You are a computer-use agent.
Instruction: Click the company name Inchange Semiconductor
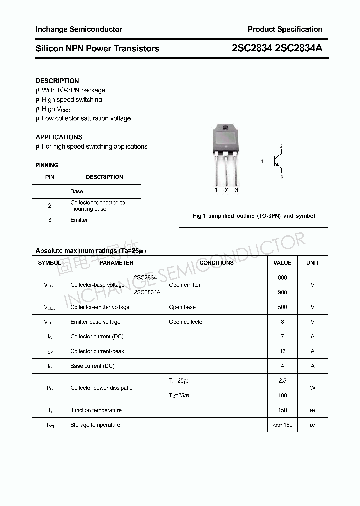tap(79, 29)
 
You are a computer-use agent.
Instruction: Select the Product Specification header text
tap(285, 29)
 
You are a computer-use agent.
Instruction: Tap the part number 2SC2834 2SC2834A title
tap(277, 48)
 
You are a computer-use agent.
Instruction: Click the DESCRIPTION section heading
tap(57, 81)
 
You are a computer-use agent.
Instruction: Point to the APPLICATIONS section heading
tap(59, 137)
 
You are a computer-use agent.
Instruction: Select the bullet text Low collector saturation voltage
tap(86, 118)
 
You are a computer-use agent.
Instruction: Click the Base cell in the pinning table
tap(77, 191)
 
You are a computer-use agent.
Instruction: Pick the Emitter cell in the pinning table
tap(79, 220)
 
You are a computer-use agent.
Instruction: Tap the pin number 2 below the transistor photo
tap(226, 190)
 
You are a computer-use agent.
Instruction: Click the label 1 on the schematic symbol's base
tap(262, 162)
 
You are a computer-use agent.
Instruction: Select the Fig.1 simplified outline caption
tap(254, 216)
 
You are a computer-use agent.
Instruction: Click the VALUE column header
tap(282, 263)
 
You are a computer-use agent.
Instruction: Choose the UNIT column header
tap(313, 263)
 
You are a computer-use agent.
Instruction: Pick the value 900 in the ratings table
tap(282, 292)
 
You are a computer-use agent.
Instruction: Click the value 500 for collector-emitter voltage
tap(282, 307)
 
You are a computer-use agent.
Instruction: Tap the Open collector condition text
tap(186, 322)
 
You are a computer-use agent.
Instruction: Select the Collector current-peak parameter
tap(97, 351)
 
